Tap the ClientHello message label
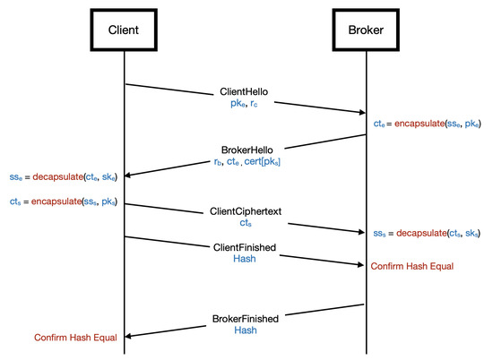244,91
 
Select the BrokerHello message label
244,152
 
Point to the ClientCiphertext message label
244,211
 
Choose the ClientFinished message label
244,245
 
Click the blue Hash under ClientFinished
244,258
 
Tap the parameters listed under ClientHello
244,104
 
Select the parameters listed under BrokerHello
244,165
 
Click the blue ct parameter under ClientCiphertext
244,224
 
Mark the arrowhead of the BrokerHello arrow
127,175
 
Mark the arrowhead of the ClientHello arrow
362,112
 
